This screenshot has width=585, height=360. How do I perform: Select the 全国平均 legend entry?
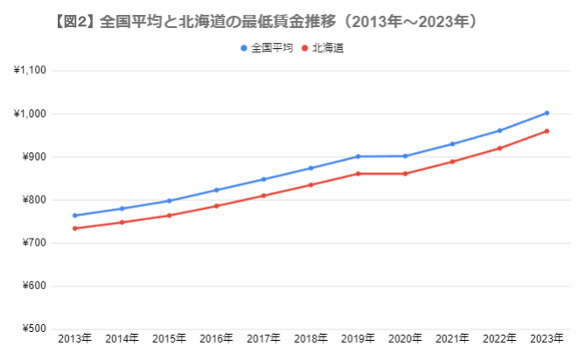[x=267, y=48]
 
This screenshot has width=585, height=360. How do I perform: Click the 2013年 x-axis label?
[x=74, y=339]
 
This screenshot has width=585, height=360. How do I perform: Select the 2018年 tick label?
[x=310, y=339]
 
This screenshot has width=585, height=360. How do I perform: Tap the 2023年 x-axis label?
[x=547, y=339]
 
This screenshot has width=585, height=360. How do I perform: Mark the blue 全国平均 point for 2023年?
[x=547, y=113]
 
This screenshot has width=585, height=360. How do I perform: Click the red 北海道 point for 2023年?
[x=547, y=131]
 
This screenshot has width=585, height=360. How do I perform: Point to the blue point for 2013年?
[x=74, y=215]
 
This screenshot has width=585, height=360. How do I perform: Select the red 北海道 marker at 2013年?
[x=74, y=228]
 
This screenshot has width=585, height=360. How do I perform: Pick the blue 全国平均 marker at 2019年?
[x=358, y=156]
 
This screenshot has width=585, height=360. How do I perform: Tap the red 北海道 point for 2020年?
[x=405, y=174]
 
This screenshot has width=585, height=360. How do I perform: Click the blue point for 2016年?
[x=216, y=190]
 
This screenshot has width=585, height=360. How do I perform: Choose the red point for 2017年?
[x=263, y=196]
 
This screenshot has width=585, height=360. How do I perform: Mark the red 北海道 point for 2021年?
[x=452, y=162]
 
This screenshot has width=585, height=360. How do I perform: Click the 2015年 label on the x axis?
[x=169, y=339]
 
